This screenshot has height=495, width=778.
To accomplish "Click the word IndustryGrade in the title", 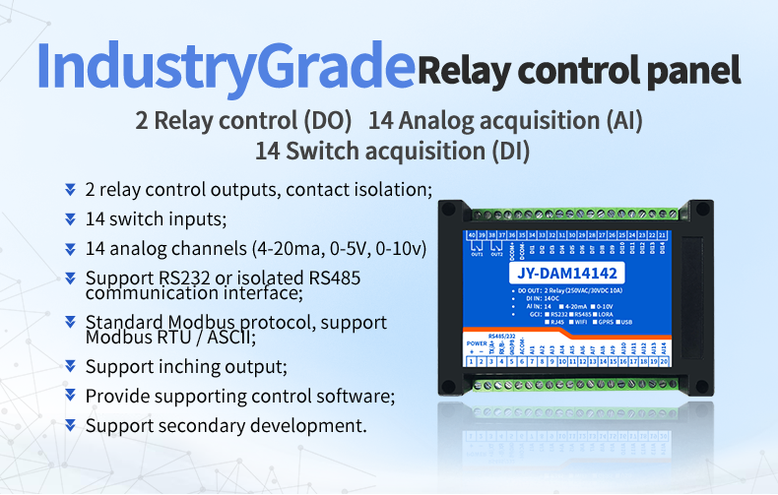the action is pos(224,66).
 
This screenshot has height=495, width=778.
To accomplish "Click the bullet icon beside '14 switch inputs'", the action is pos(70,218).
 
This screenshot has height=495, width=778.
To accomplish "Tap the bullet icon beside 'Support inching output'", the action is pos(70,366).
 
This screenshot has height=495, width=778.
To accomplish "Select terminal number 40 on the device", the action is pos(472,234).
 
